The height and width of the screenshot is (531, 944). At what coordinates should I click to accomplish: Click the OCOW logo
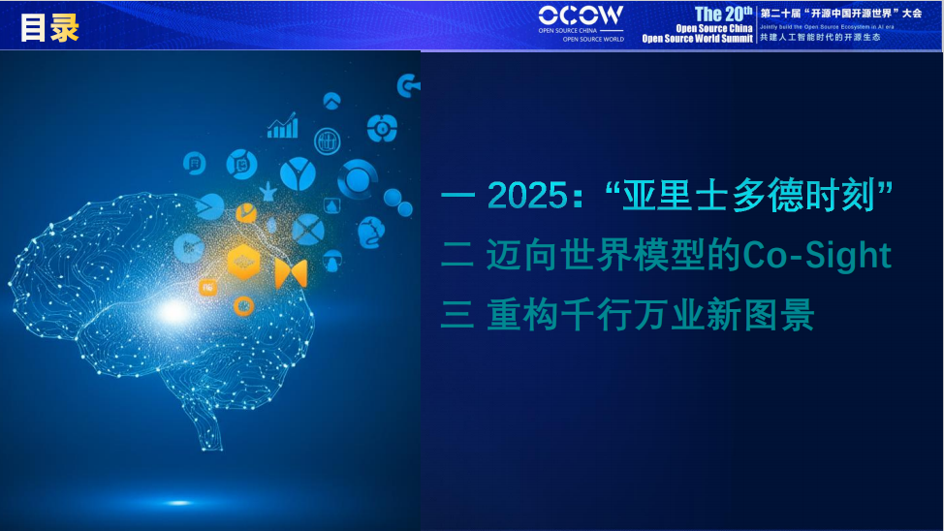tap(582, 16)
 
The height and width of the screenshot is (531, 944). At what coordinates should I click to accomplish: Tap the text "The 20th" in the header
tap(723, 14)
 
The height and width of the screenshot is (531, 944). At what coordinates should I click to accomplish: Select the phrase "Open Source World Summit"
tap(698, 39)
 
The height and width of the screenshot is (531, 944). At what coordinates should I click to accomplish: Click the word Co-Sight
tap(816, 256)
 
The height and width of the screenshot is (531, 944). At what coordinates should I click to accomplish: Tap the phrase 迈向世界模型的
tap(614, 256)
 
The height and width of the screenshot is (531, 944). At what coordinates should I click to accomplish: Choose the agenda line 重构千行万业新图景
tap(649, 316)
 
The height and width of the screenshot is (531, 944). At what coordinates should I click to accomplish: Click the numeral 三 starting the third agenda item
tap(456, 316)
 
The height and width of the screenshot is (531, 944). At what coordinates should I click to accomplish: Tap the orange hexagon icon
tap(243, 263)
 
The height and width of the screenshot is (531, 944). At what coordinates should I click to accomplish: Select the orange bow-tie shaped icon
tap(291, 273)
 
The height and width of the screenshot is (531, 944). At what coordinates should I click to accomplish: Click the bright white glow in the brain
tap(173, 311)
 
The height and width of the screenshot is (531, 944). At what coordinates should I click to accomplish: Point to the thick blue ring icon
tap(358, 179)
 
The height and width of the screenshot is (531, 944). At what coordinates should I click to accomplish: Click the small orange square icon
tap(207, 288)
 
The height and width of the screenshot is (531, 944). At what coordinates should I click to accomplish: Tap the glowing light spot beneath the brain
tap(179, 502)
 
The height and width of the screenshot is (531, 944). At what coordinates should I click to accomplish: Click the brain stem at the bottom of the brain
tap(208, 426)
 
